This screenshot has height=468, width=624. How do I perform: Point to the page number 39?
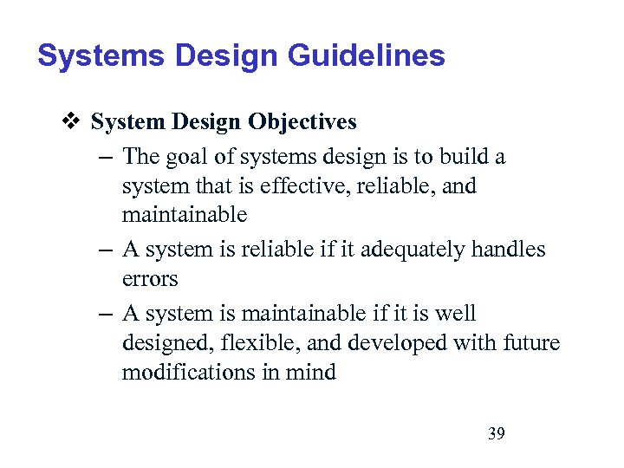click(x=496, y=433)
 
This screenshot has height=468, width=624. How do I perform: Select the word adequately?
click(x=393, y=250)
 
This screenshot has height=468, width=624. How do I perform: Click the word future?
click(x=531, y=344)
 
